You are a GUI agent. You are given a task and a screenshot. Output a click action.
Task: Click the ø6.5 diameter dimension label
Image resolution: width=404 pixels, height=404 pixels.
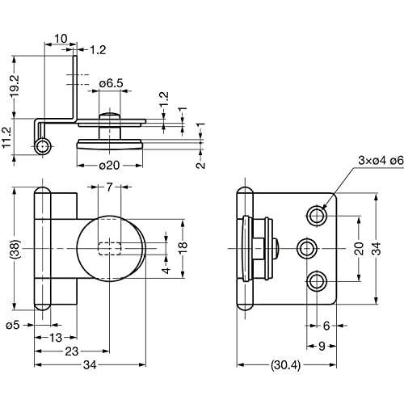click(111, 83)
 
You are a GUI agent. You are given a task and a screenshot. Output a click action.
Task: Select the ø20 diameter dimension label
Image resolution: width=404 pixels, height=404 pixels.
click(109, 166)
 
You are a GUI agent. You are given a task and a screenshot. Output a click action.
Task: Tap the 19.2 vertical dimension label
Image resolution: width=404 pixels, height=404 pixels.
click(15, 86)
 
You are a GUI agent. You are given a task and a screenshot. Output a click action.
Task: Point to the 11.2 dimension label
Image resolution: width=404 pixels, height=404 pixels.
click(6, 137)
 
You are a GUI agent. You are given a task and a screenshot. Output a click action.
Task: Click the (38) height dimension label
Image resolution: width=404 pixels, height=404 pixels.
click(15, 249)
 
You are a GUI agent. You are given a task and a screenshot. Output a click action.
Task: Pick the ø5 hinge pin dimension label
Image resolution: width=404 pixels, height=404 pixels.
click(13, 325)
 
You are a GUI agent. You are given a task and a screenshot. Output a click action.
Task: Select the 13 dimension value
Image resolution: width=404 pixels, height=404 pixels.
click(56, 338)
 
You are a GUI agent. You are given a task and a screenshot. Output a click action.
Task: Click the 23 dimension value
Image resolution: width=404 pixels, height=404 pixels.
click(72, 351)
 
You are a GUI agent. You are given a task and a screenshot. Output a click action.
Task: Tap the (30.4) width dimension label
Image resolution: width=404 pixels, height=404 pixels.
click(285, 365)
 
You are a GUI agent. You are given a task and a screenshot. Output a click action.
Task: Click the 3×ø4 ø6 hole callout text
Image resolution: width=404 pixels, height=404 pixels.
click(381, 161)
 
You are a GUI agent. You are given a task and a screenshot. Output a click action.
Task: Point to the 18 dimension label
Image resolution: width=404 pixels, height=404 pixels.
click(183, 248)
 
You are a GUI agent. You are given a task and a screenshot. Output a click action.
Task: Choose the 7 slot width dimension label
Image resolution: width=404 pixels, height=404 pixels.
click(109, 187)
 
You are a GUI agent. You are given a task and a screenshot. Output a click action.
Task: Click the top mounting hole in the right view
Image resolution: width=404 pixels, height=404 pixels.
click(317, 215)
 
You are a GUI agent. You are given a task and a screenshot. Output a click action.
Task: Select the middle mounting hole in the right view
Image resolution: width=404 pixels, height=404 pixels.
click(307, 249)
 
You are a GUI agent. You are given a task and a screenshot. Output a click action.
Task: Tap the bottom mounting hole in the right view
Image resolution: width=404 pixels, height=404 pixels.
click(317, 282)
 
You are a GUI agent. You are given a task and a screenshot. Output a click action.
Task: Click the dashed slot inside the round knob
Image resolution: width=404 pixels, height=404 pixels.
click(109, 249)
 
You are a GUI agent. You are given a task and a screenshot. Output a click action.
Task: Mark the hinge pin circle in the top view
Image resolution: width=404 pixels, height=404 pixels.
click(43, 147)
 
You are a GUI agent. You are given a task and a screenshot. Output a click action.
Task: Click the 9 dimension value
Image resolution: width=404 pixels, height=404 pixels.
click(322, 346)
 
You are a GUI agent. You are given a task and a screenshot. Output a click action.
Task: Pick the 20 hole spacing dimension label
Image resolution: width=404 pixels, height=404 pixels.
click(359, 248)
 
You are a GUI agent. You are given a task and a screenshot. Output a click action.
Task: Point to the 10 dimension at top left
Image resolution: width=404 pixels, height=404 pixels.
click(61, 39)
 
